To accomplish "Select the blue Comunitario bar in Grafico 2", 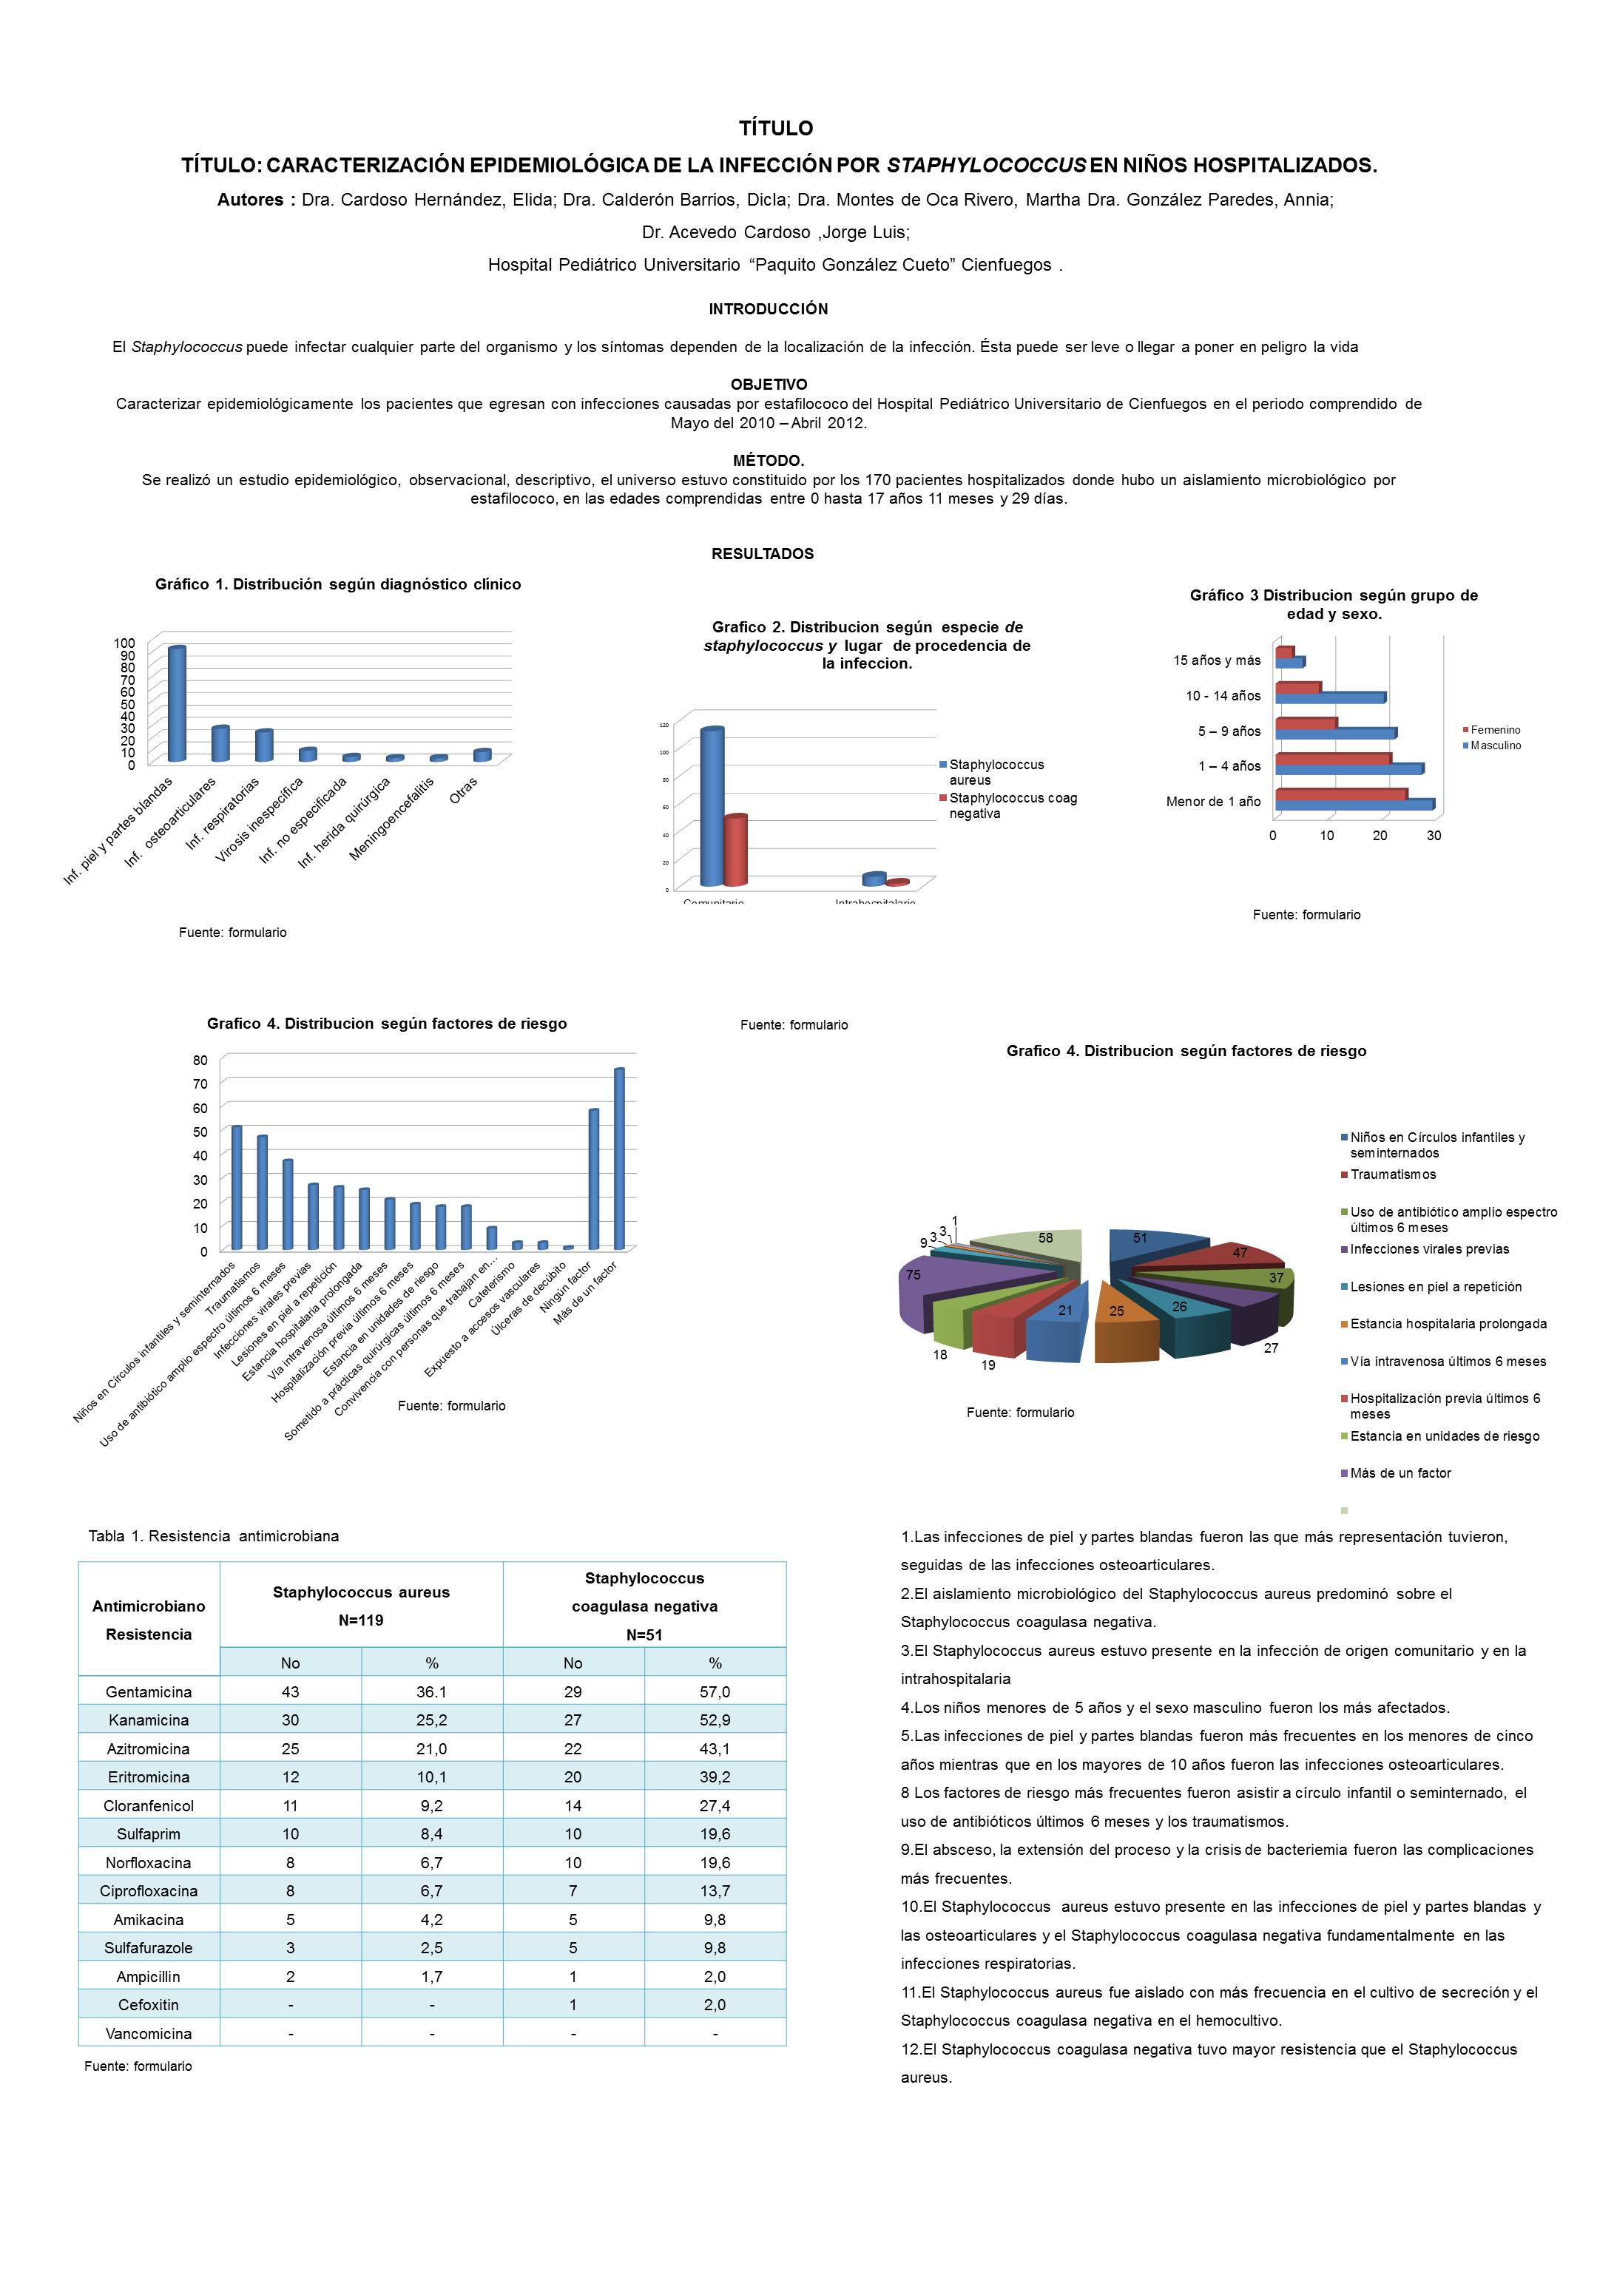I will coord(712,806).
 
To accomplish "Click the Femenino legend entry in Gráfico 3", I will coord(1494,729).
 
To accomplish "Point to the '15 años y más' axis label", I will coord(1216,660).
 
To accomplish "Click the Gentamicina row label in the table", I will coord(149,1691).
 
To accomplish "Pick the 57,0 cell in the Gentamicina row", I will coord(715,1691).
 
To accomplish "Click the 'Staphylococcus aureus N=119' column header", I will coord(361,1605).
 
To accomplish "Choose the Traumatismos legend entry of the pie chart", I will coord(1392,1174).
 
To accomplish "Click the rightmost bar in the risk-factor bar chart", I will coord(619,1157).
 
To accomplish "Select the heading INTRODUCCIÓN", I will coord(768,308).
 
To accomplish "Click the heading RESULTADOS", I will coord(763,554).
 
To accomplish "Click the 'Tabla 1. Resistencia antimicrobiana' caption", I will coord(214,1536).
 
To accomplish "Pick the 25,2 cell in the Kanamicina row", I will coord(431,1720).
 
